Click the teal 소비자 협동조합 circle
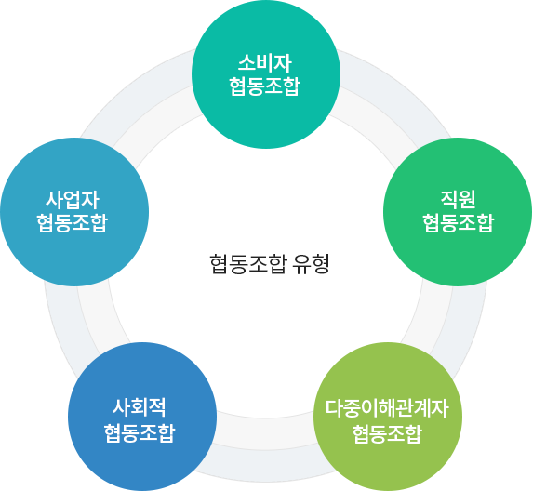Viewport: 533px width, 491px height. coord(266,74)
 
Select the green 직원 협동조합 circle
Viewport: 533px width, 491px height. coord(458,212)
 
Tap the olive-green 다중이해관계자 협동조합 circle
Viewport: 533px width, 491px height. coord(388,417)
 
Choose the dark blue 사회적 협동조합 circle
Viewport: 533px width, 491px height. coord(142,417)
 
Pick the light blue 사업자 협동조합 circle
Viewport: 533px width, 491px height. coord(74,212)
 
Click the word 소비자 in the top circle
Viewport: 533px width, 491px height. coord(265,63)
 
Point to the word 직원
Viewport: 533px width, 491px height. coord(458,199)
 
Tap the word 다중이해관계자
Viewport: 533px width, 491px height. coord(387,408)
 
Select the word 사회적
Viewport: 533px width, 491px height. coord(140,407)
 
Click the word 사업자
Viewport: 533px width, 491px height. coord(73,200)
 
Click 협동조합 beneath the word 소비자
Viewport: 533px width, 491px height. coord(265,86)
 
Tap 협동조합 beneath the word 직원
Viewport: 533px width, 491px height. coord(459,223)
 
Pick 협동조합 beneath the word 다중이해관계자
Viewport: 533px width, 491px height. coord(387,434)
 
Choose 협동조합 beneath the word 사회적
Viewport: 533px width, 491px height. coord(140,433)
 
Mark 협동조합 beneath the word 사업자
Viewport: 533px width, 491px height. coord(73,223)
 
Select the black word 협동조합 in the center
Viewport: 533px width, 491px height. coord(248,264)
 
